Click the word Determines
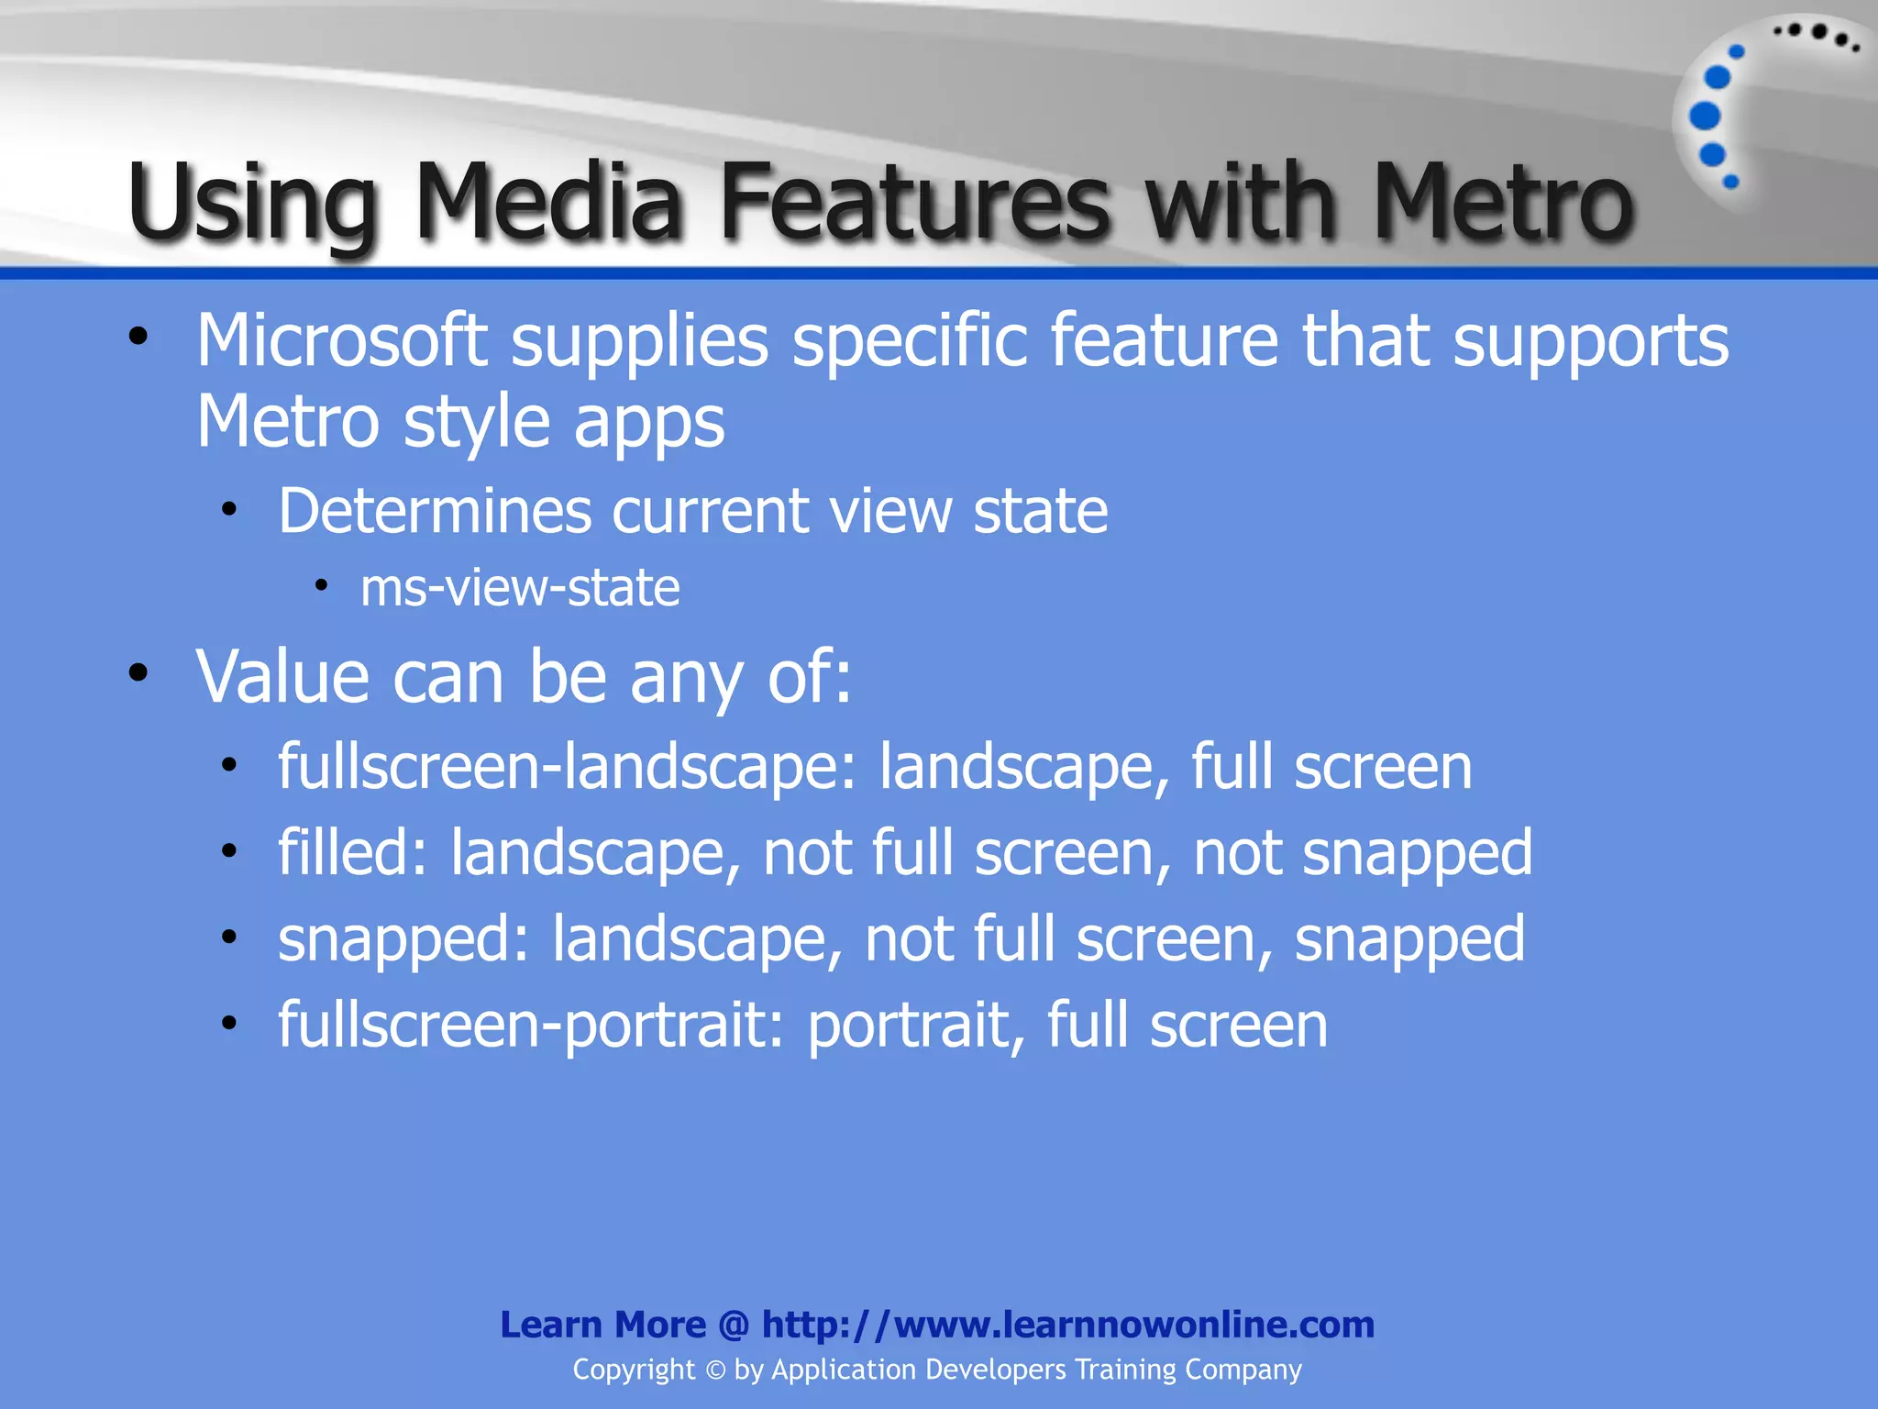435,511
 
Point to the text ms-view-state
520,588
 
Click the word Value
282,677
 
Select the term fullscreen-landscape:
568,767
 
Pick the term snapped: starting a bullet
403,939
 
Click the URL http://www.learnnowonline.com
1068,1325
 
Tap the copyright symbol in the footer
715,1370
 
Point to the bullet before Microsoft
138,337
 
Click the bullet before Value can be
138,673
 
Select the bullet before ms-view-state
321,585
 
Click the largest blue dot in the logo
1705,116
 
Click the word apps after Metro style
649,423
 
